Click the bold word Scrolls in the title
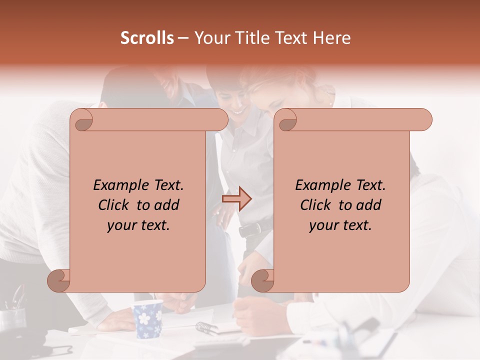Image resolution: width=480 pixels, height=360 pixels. click(x=146, y=38)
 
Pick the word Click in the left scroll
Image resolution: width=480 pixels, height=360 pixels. click(x=109, y=205)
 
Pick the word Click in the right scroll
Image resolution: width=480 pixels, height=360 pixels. click(x=311, y=205)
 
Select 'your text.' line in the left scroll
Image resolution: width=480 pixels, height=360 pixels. click(x=138, y=225)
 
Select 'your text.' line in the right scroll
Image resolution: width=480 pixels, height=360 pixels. click(x=340, y=225)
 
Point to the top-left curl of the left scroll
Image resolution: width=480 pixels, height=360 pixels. click(x=82, y=120)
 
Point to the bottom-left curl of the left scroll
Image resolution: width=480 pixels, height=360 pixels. click(x=59, y=280)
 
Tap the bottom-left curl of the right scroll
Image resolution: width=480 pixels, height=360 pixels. click(x=263, y=280)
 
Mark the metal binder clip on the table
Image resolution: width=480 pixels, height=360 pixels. click(x=206, y=327)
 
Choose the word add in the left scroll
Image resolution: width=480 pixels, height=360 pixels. click(x=167, y=205)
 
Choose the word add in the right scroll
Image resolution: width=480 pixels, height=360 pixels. click(x=369, y=205)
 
